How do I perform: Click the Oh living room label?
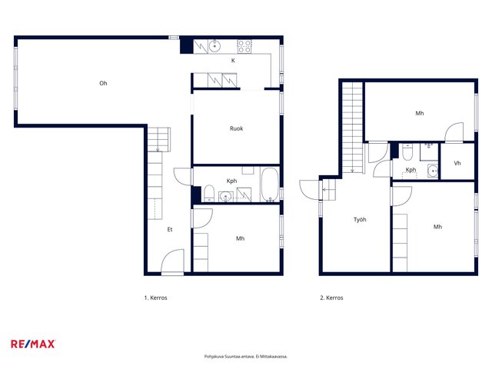pos(103,83)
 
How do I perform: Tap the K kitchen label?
pos(233,61)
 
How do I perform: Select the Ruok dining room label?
pos(236,128)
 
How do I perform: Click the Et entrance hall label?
pos(170,229)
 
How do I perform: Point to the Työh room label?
pos(360,220)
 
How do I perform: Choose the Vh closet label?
pos(457,163)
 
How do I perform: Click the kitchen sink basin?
pos(214,46)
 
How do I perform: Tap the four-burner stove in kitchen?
pos(244,46)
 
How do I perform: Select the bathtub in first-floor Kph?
pos(270,184)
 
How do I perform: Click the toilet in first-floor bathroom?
pos(209,194)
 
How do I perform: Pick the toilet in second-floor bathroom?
pos(407,151)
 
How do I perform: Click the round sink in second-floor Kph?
pos(433,171)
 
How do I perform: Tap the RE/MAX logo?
pos(33,344)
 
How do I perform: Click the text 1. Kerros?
pos(155,298)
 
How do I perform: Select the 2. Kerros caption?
pos(331,298)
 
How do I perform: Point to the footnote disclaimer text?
pos(246,357)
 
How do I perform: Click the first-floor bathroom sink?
pos(225,197)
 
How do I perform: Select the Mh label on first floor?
pos(240,238)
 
